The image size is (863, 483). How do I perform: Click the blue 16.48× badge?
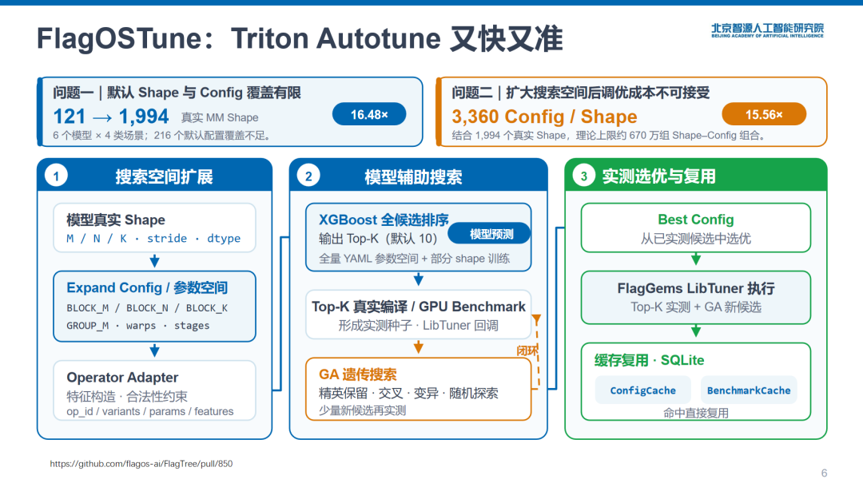coord(369,114)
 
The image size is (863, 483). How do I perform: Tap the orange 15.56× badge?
coord(764,114)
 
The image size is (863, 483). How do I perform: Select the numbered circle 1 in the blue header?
coord(56,176)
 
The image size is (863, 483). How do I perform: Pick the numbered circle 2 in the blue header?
coord(308,176)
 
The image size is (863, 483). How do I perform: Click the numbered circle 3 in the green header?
coord(583,176)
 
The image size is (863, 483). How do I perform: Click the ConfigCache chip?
coord(642,390)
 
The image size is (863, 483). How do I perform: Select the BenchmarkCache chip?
coord(749,390)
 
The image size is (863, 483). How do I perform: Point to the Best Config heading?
coord(696,220)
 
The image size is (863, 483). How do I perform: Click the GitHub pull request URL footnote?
coord(141,464)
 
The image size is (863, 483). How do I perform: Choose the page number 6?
coord(824,473)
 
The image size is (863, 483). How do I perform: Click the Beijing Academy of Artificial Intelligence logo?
coord(767,30)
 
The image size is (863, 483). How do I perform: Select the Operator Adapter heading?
coord(122,378)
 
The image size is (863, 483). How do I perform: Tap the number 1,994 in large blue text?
coord(144,117)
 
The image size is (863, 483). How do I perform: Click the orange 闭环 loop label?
coord(527,350)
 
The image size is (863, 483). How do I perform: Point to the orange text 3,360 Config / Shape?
coord(544,117)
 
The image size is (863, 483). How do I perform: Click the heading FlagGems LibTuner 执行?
coord(696,288)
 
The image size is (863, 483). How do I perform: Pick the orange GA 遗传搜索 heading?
coord(358,374)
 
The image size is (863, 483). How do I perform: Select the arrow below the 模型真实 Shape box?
coord(155,261)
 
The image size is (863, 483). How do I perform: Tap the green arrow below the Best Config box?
coord(696,259)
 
